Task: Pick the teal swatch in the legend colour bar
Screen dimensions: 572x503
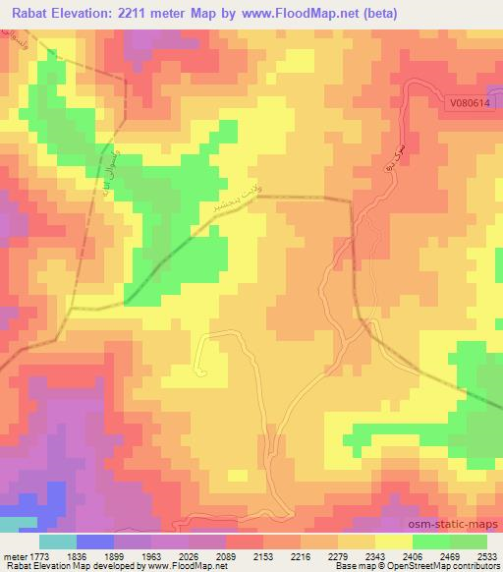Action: pos(57,542)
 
